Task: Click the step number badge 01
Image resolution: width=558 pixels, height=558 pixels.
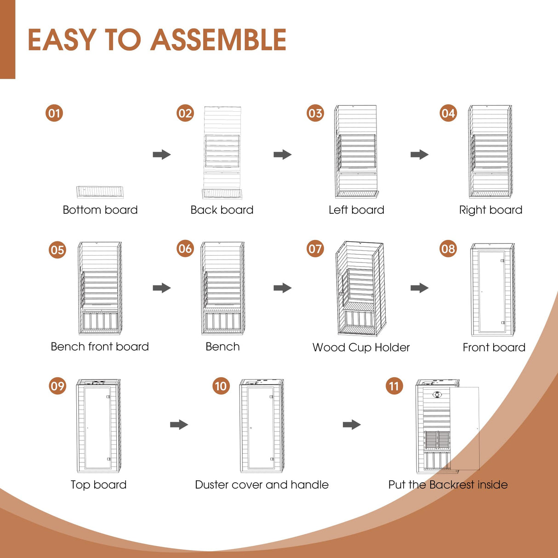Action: click(x=54, y=113)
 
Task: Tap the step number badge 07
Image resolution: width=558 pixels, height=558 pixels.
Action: click(x=315, y=249)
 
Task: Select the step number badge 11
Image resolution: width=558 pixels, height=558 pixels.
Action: click(x=394, y=386)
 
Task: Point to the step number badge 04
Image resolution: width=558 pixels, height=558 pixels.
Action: click(x=448, y=113)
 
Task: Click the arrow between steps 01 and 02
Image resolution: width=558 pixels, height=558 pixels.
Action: click(x=162, y=154)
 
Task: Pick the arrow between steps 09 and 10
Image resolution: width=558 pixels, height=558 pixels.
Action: click(x=179, y=424)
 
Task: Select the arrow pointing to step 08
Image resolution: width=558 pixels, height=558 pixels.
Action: click(x=419, y=288)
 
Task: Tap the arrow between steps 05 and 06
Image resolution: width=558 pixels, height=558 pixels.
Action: click(x=162, y=288)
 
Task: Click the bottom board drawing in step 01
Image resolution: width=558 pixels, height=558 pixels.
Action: click(x=100, y=191)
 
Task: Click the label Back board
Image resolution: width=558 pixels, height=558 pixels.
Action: click(x=222, y=210)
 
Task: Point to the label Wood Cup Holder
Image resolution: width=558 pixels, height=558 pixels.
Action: click(x=361, y=347)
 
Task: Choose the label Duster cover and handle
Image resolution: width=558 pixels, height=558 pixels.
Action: click(x=262, y=484)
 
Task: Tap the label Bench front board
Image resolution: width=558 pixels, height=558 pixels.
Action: click(x=100, y=347)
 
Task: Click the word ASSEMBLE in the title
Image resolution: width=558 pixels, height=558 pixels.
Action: click(x=218, y=40)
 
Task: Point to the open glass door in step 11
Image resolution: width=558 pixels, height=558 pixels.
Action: click(x=464, y=427)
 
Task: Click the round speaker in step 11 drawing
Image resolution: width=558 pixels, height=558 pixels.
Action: click(x=437, y=394)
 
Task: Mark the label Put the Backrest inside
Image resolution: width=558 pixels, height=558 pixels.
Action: click(x=448, y=484)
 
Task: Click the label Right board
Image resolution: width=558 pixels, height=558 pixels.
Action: click(x=490, y=210)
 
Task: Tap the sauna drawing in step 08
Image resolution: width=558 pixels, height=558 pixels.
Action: click(x=492, y=290)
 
